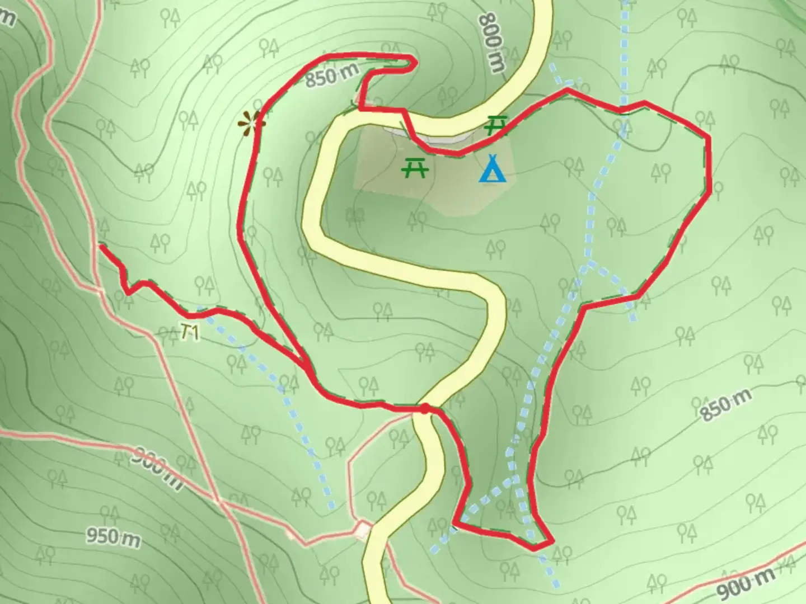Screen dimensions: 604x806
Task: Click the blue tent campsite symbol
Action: pos(493,169)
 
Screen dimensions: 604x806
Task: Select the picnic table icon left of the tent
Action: pos(415,167)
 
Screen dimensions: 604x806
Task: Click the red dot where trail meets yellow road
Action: pos(425,408)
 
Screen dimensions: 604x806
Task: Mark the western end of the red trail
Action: pos(101,245)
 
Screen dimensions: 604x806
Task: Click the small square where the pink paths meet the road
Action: pos(363,528)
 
